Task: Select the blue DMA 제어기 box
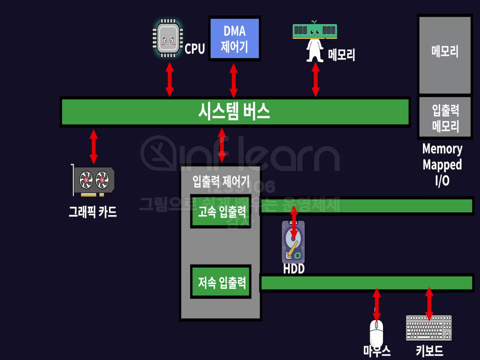pyautogui.click(x=234, y=39)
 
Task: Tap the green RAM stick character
pyautogui.click(x=315, y=31)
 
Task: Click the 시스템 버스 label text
pyautogui.click(x=234, y=111)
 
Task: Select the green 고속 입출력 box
pyautogui.click(x=221, y=211)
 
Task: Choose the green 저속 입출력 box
pyautogui.click(x=221, y=282)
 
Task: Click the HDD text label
pyautogui.click(x=294, y=269)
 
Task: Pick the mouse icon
pyautogui.click(x=377, y=333)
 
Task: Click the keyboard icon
pyautogui.click(x=429, y=328)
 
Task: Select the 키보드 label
pyautogui.click(x=429, y=351)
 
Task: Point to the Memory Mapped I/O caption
pyautogui.click(x=442, y=165)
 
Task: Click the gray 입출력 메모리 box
pyautogui.click(x=445, y=117)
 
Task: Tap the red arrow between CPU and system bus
pyautogui.click(x=170, y=79)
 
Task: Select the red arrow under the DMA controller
pyautogui.click(x=234, y=80)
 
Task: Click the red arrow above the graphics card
pyautogui.click(x=94, y=147)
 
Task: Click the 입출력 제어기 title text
pyautogui.click(x=221, y=182)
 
